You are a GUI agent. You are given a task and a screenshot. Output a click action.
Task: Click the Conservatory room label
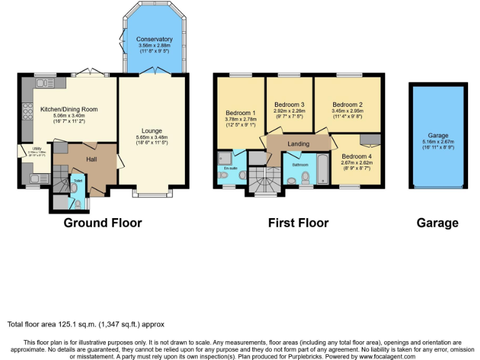pyautogui.click(x=154, y=39)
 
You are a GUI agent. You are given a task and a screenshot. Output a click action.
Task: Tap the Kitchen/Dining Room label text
pyautogui.click(x=69, y=109)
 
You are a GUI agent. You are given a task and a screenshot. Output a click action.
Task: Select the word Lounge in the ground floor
pyautogui.click(x=152, y=131)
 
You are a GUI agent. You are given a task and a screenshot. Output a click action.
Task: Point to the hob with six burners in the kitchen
pyautogui.click(x=27, y=111)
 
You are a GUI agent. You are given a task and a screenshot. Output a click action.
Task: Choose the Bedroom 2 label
pyautogui.click(x=347, y=104)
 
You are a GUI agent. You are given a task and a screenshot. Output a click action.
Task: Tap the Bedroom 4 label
pyautogui.click(x=356, y=156)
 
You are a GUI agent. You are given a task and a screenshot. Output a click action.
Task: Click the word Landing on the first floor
pyautogui.click(x=298, y=144)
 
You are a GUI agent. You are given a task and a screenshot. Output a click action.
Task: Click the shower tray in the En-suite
pyautogui.click(x=224, y=157)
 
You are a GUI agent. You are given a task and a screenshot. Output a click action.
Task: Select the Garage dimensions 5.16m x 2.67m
pyautogui.click(x=437, y=142)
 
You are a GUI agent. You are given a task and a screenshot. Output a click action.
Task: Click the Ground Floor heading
pyautogui.click(x=103, y=222)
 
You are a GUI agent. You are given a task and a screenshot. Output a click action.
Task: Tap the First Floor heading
pyautogui.click(x=298, y=222)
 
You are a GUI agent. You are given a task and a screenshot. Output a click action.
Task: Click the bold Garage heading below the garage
pyautogui.click(x=437, y=222)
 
